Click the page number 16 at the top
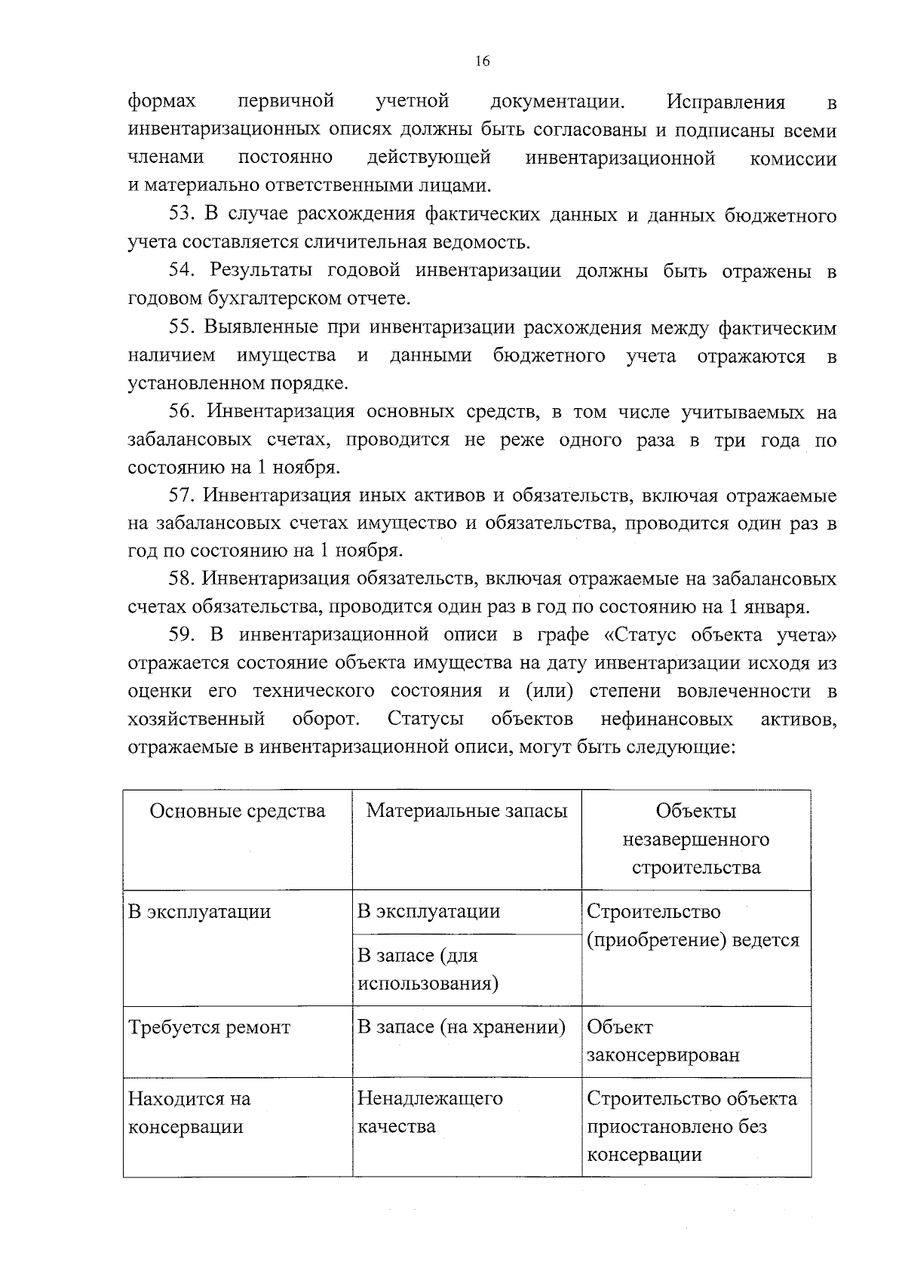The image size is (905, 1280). tap(483, 61)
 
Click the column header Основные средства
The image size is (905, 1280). tap(238, 811)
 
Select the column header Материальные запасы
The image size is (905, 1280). tap(467, 811)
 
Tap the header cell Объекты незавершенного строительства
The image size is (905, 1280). tap(696, 839)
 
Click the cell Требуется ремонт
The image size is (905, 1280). tap(209, 1027)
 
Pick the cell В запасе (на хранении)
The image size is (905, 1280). tap(461, 1027)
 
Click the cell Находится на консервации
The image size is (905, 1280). tap(189, 1113)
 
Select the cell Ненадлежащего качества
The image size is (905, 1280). tap(430, 1113)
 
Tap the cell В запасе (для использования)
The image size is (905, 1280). tap(428, 969)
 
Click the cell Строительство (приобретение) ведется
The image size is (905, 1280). tap(692, 926)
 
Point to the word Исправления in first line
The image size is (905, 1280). tap(726, 102)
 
